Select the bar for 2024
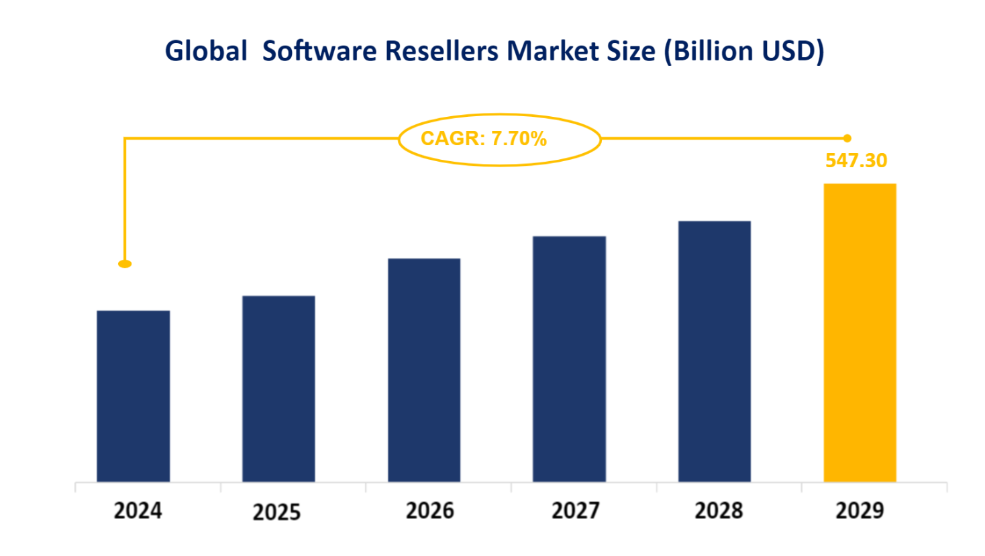pos(133,396)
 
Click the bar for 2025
pos(278,389)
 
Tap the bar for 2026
pos(424,370)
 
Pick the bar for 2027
pos(569,359)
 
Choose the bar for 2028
pos(714,351)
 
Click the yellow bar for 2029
pos(860,332)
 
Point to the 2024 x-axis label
pos(138,511)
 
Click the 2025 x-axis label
pos(276,512)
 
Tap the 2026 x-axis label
pos(430,511)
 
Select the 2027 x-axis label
pos(575,511)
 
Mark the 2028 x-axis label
pos(719,511)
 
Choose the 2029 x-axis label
pos(860,511)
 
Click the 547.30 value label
pos(856,160)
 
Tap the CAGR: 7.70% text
pos(483,138)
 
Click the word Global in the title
pos(206,51)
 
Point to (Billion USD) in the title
pos(743,51)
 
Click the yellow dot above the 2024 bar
pos(125,264)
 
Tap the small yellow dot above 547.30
pos(847,138)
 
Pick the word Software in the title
pos(319,51)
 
